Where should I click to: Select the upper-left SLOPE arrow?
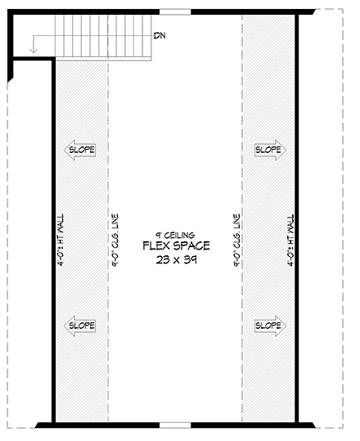[81, 150]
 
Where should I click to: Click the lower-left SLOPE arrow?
[81, 325]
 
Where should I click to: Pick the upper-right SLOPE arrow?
[268, 150]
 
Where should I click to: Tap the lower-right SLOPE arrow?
[268, 325]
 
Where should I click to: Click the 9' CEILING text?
[175, 234]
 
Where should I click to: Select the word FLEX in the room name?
[156, 245]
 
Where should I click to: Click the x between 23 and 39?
[175, 260]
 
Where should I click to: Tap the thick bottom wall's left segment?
[97, 424]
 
